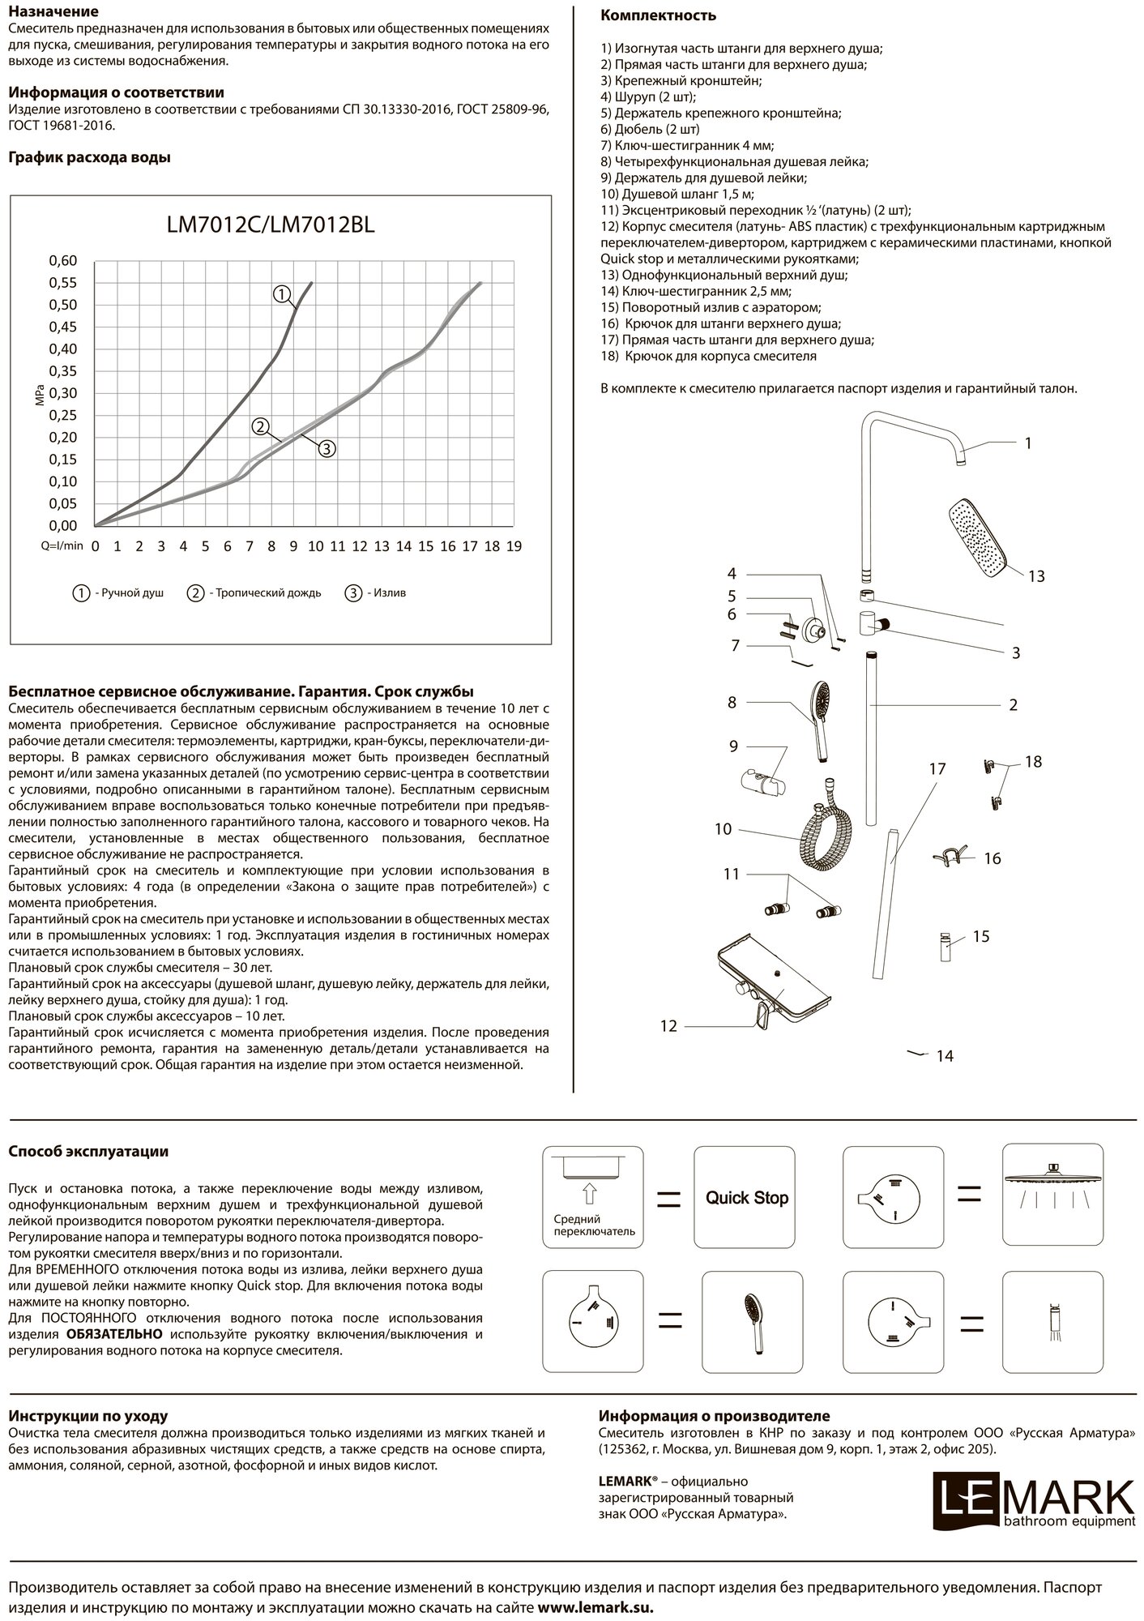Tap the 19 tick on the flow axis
514,546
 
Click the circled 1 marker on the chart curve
281,295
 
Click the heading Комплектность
658,15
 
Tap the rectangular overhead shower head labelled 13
978,537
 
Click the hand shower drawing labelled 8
817,712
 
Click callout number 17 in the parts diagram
937,768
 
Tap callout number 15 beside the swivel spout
980,937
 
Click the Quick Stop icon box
746,1198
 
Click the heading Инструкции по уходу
88,1417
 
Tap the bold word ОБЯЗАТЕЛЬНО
113,1334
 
